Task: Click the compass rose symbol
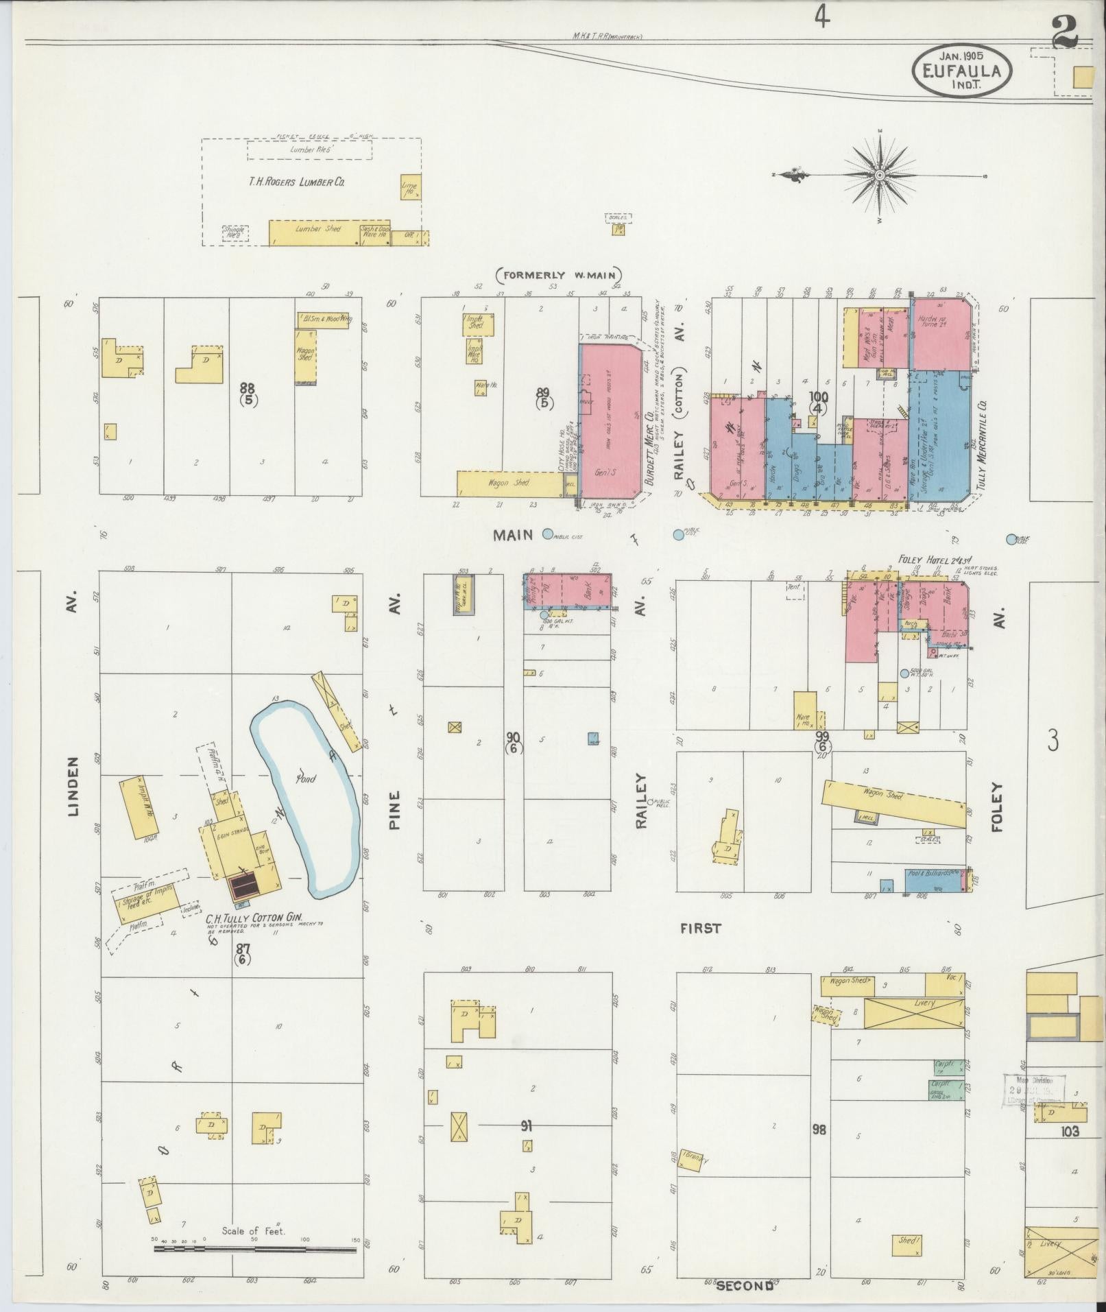pyautogui.click(x=880, y=176)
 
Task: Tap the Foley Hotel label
pyautogui.click(x=922, y=558)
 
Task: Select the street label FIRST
pyautogui.click(x=700, y=929)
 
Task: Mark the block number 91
pyautogui.click(x=526, y=1125)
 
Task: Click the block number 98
pyautogui.click(x=819, y=1129)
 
